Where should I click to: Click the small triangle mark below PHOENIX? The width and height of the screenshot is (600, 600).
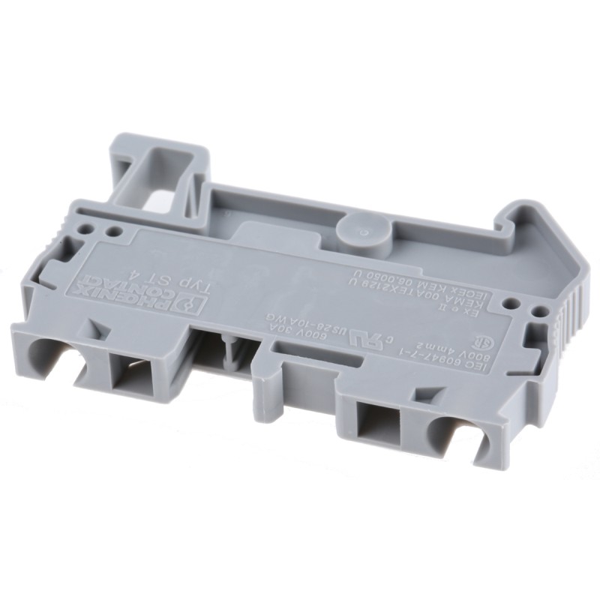coord(95,331)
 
